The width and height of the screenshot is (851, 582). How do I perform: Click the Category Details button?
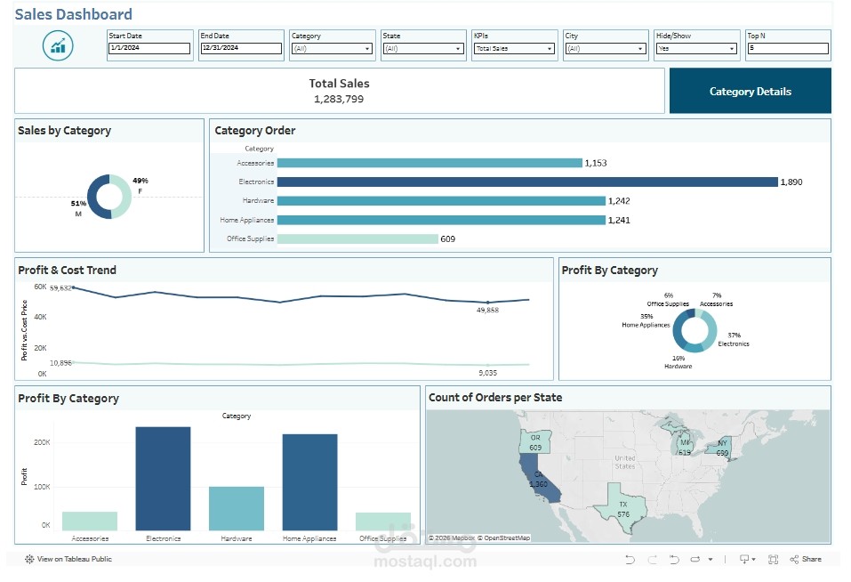(x=750, y=91)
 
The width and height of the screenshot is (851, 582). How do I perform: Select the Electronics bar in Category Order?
(x=527, y=182)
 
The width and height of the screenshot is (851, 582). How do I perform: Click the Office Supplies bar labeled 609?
(x=357, y=238)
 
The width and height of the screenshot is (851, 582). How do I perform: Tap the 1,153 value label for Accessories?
(x=595, y=163)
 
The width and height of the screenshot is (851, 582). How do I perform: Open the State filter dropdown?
(x=422, y=49)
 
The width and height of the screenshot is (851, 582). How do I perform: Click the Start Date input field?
(x=149, y=49)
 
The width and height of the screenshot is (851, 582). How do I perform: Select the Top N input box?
(x=787, y=49)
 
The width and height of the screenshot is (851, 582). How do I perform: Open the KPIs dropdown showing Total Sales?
(x=514, y=49)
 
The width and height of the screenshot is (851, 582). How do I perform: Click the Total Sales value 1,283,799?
(x=339, y=99)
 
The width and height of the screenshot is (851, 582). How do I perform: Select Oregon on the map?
(x=534, y=442)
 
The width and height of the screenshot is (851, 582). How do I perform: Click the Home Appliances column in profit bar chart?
(x=309, y=482)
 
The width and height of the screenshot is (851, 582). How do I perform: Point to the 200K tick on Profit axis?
(x=42, y=442)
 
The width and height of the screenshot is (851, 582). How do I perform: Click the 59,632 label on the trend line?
(x=60, y=288)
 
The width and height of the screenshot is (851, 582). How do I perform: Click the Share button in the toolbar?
(x=806, y=559)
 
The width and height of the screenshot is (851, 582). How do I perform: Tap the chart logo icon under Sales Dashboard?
(x=58, y=45)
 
